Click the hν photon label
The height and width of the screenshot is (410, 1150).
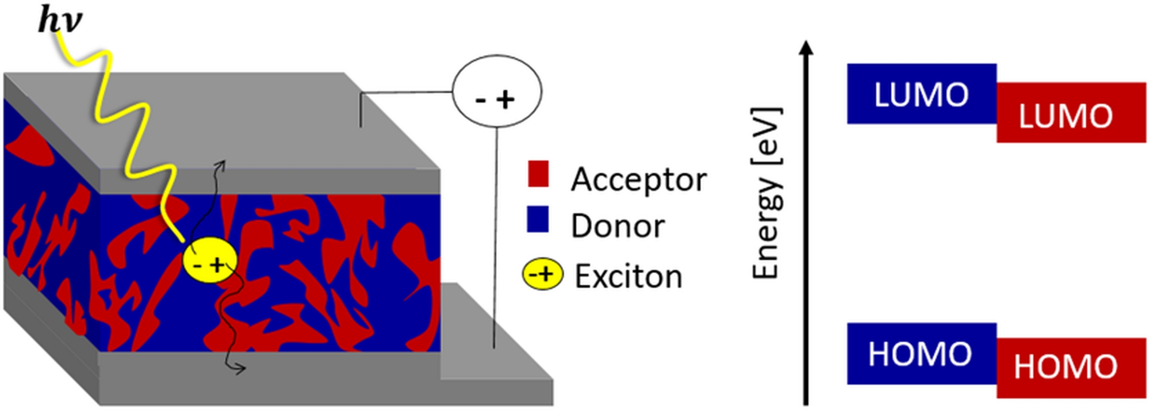coord(60,21)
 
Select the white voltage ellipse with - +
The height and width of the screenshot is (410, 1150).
coord(497,92)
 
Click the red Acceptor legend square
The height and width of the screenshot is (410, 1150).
coord(538,174)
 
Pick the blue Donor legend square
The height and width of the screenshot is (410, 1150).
coord(538,219)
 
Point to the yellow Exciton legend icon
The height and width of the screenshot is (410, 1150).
coord(542,275)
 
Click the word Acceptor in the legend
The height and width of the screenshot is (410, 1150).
coord(638,180)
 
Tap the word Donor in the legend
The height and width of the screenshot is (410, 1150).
coord(618,226)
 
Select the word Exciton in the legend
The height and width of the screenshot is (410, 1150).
coord(628,277)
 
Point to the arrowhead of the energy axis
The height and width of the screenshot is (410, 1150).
coord(807,47)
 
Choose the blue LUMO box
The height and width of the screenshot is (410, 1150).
coord(921,94)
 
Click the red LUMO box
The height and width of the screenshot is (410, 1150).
coord(1071,113)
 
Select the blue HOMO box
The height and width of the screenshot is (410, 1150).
coord(921,353)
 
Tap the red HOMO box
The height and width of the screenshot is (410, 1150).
coord(1071,368)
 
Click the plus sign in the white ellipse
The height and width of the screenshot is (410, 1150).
coord(505,100)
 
